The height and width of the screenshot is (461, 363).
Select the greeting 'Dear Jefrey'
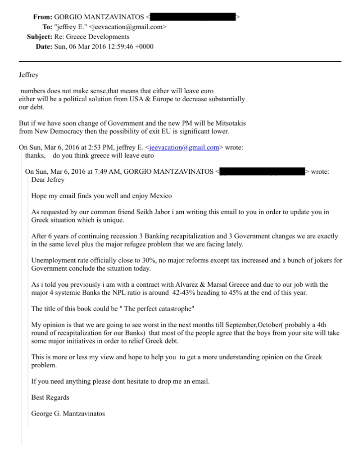(48, 180)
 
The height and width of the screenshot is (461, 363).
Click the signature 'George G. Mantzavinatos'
(68, 413)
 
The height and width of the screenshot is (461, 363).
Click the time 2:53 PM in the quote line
(79, 147)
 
